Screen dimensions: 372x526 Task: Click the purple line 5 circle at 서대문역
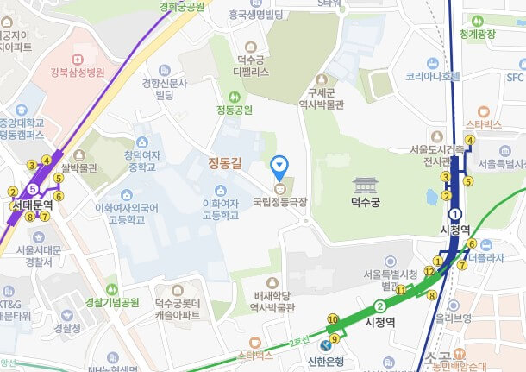click(x=32, y=188)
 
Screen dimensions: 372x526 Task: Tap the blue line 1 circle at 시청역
click(x=455, y=215)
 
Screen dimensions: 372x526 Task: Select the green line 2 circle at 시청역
click(x=379, y=306)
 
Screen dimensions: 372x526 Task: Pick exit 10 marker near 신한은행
click(x=332, y=319)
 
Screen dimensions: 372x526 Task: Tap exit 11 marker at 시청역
click(x=400, y=290)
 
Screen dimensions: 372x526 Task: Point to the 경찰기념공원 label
click(x=112, y=302)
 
